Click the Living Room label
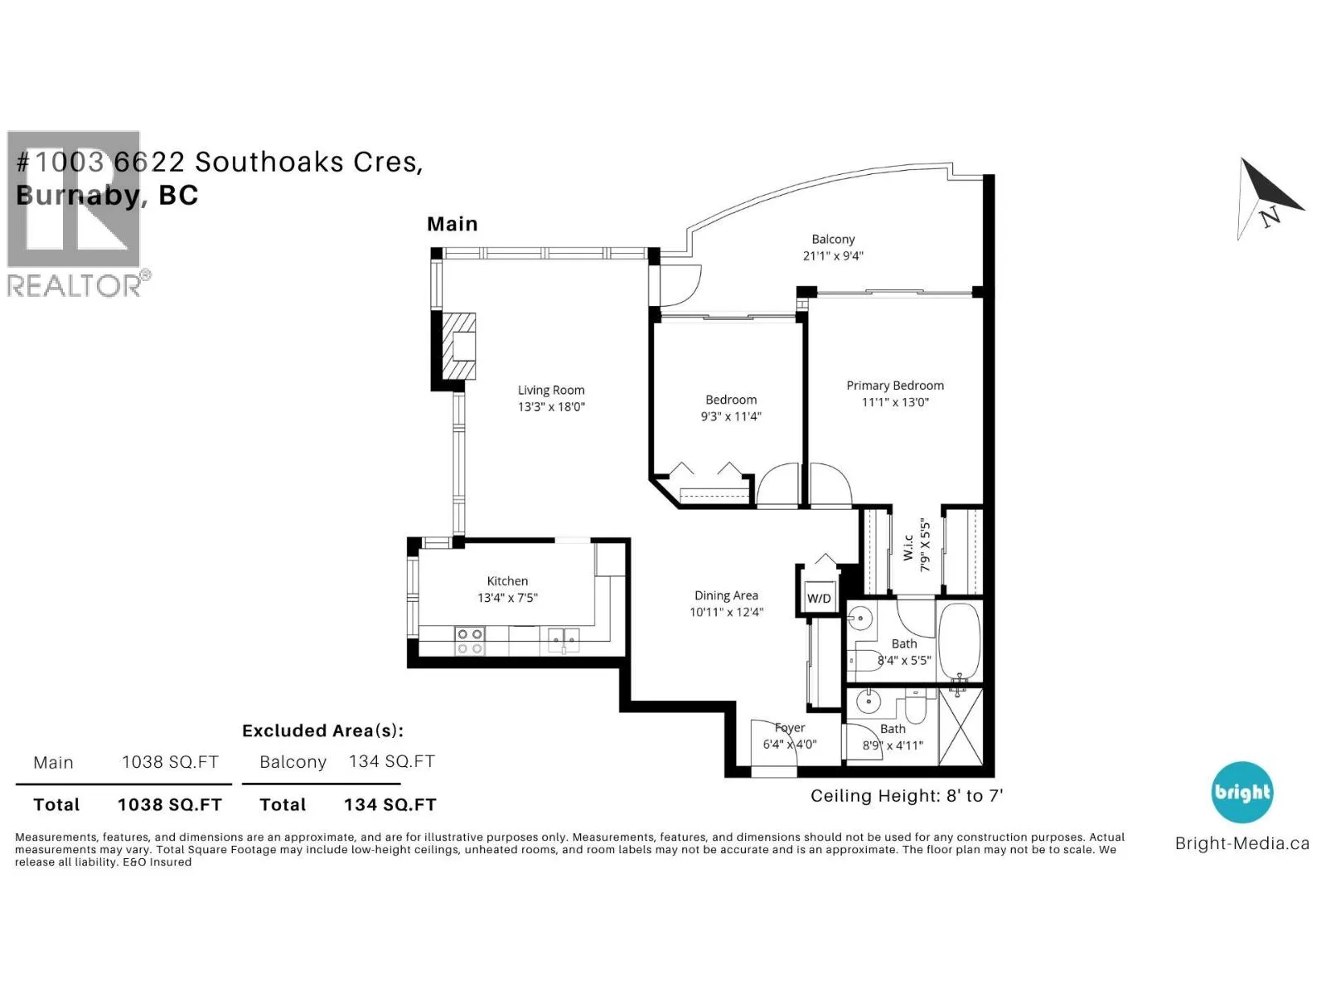click(x=550, y=391)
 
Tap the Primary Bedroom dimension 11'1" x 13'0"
click(x=894, y=402)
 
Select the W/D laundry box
click(x=819, y=598)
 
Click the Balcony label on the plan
click(x=832, y=240)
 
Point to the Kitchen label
click(x=507, y=580)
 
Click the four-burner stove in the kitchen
click(x=469, y=641)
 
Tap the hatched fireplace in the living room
click(x=458, y=346)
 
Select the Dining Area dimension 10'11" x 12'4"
click(x=726, y=612)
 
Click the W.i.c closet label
click(x=907, y=546)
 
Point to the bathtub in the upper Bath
click(x=959, y=642)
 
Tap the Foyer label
click(x=790, y=728)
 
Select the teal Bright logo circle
click(x=1241, y=792)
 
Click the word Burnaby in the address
click(x=78, y=195)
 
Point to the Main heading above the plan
click(x=452, y=224)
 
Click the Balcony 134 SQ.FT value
click(x=391, y=761)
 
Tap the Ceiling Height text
click(x=906, y=796)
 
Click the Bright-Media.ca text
click(x=1241, y=843)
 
